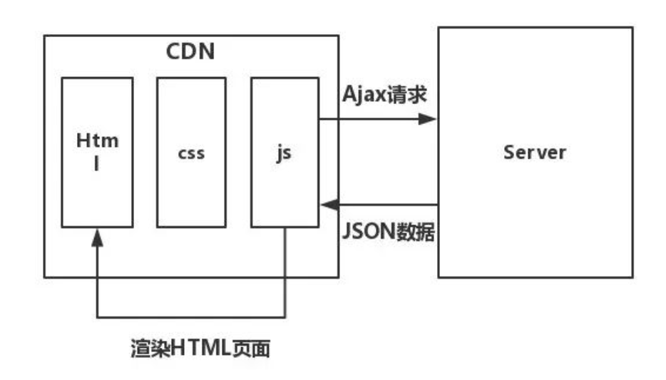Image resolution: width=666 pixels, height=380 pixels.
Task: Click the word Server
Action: pyautogui.click(x=535, y=153)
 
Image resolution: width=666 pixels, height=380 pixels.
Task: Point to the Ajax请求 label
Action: pyautogui.click(x=386, y=95)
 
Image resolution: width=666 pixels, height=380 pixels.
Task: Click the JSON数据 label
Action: pyautogui.click(x=389, y=232)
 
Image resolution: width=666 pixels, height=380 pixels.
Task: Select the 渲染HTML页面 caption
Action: pyautogui.click(x=201, y=350)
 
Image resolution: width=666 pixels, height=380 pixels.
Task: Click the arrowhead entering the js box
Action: pyautogui.click(x=328, y=205)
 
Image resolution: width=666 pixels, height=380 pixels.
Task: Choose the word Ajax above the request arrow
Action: pyautogui.click(x=364, y=96)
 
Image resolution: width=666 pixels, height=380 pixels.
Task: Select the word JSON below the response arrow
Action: pyautogui.click(x=369, y=232)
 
